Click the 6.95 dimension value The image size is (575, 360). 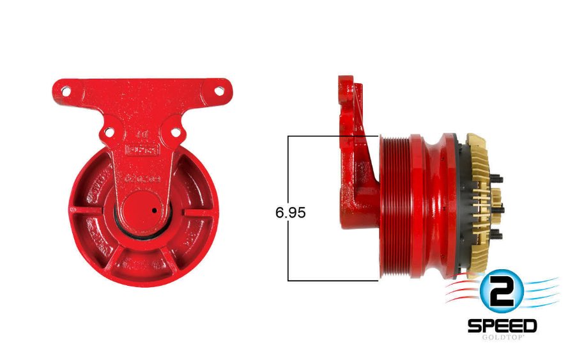[x=291, y=213]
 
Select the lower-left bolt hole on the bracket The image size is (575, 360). [x=109, y=133]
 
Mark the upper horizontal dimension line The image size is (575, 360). [x=332, y=136]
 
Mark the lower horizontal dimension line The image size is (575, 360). [x=332, y=280]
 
